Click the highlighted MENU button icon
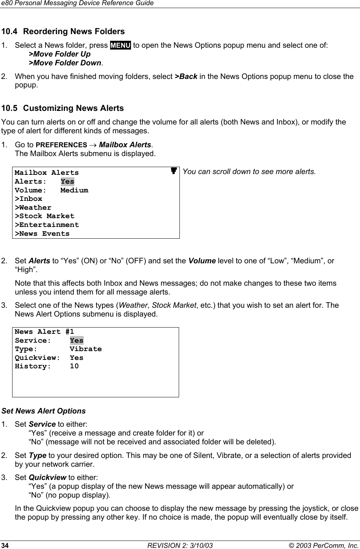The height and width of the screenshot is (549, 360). coord(120,46)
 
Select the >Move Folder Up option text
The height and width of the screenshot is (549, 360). coord(59,54)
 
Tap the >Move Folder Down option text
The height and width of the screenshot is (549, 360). coord(65,63)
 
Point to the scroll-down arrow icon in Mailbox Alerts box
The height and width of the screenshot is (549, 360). coord(174,171)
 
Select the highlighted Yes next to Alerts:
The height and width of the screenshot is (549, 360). coord(68,181)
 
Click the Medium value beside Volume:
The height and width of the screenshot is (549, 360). coord(74,190)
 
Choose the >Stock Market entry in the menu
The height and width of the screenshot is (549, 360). coord(44,216)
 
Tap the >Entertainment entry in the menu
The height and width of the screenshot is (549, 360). coord(47,225)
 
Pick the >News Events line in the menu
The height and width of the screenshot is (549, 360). coord(42,234)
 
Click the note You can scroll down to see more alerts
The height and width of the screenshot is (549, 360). coord(249,171)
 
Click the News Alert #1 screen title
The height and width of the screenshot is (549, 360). coord(44,332)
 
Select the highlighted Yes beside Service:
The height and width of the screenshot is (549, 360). coord(76,340)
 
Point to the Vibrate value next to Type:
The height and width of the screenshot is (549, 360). coord(86,349)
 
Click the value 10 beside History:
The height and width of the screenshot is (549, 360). coord(74,366)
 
